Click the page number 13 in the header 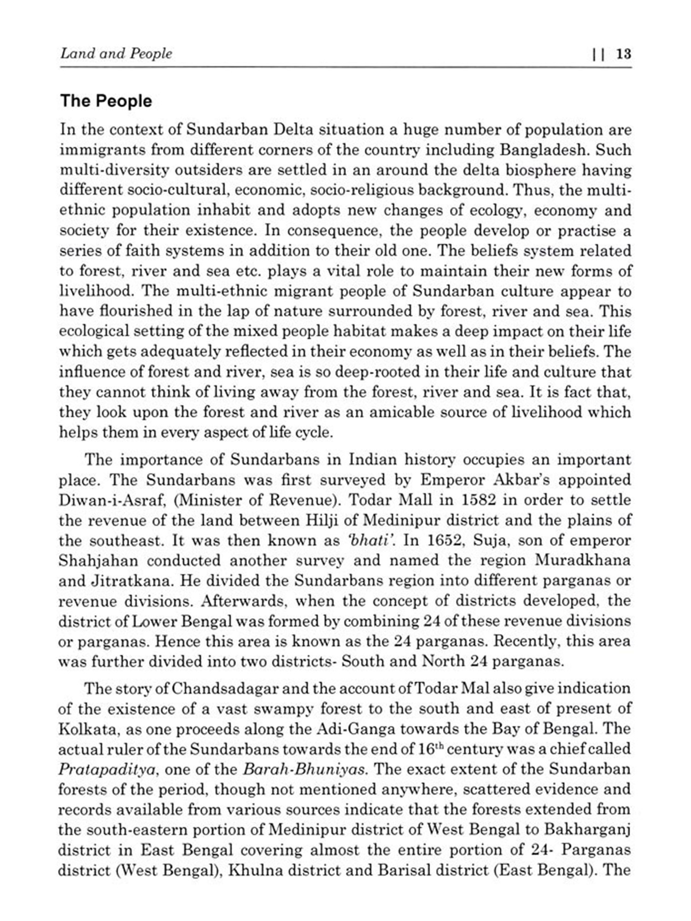(x=623, y=54)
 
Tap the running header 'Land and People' (x=116, y=54)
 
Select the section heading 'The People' (x=106, y=101)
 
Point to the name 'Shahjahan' (x=98, y=560)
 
